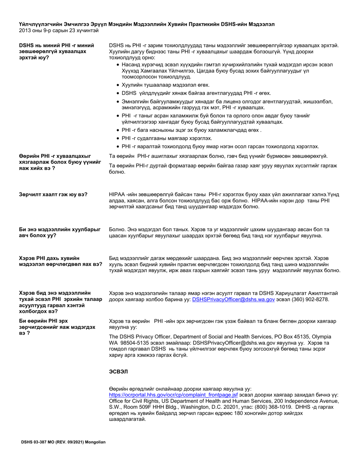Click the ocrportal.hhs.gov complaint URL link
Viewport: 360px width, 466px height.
pos(173,395)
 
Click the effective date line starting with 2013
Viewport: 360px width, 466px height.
pos(58,30)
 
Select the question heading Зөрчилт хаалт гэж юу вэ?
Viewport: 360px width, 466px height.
pos(53,195)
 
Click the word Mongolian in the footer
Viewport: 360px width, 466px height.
pos(93,442)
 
